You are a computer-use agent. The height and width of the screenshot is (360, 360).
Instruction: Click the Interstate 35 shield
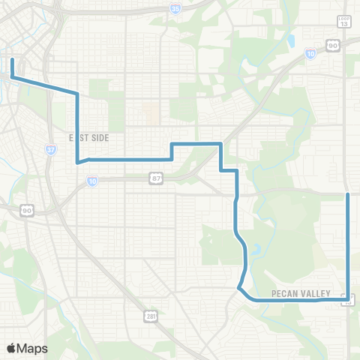(175, 9)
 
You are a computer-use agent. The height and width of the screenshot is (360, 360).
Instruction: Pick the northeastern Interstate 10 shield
(310, 53)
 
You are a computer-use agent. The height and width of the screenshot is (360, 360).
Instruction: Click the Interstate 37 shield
(50, 149)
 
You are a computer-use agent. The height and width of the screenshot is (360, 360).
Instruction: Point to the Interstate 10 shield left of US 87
(91, 181)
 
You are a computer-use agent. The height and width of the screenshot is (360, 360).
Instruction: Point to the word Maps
(33, 348)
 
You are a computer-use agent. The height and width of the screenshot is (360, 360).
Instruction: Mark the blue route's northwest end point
(12, 58)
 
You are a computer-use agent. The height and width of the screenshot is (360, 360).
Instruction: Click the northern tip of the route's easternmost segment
(348, 193)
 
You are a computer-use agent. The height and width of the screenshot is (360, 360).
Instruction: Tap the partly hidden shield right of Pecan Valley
(348, 300)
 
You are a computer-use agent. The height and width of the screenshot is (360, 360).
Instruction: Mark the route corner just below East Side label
(78, 160)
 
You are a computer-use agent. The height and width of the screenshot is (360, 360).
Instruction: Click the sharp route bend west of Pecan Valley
(238, 287)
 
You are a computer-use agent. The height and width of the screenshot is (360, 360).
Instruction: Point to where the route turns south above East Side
(77, 94)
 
